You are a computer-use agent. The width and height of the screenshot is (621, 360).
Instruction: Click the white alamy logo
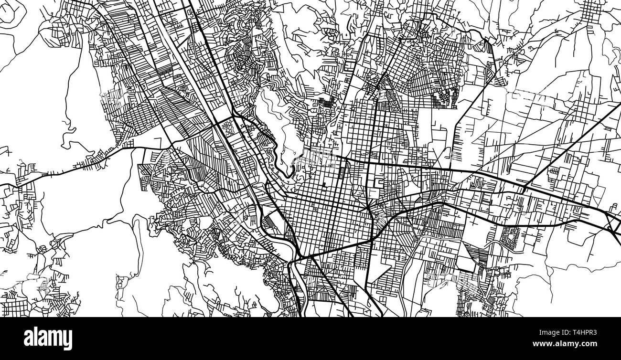coord(48,339)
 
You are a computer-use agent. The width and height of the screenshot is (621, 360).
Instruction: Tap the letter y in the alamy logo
coord(67,340)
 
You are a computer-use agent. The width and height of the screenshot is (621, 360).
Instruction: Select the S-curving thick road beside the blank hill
coord(282,158)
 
